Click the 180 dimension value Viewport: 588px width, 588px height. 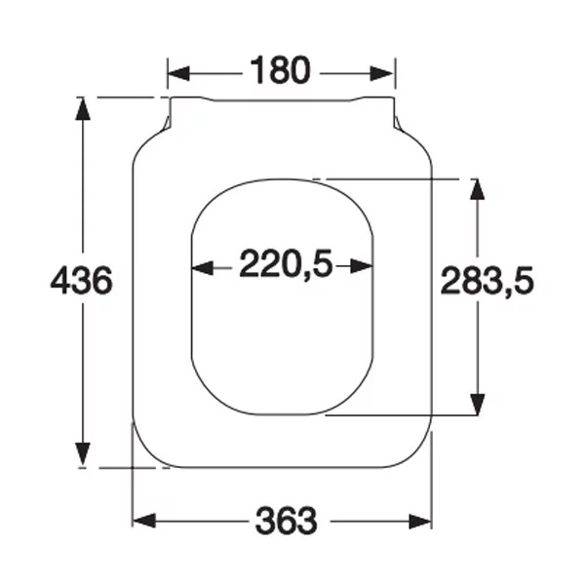281,70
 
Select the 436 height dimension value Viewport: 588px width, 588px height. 81,280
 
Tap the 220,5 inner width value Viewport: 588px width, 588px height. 286,263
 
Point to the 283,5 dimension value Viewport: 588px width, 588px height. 487,281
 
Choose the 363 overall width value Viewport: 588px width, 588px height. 286,521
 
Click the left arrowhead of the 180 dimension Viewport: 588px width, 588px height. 178,73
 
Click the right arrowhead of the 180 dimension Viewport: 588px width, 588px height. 381,73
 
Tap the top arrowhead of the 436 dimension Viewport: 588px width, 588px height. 83,109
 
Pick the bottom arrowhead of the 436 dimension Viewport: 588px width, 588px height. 83,454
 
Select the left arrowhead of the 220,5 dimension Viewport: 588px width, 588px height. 203,267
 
